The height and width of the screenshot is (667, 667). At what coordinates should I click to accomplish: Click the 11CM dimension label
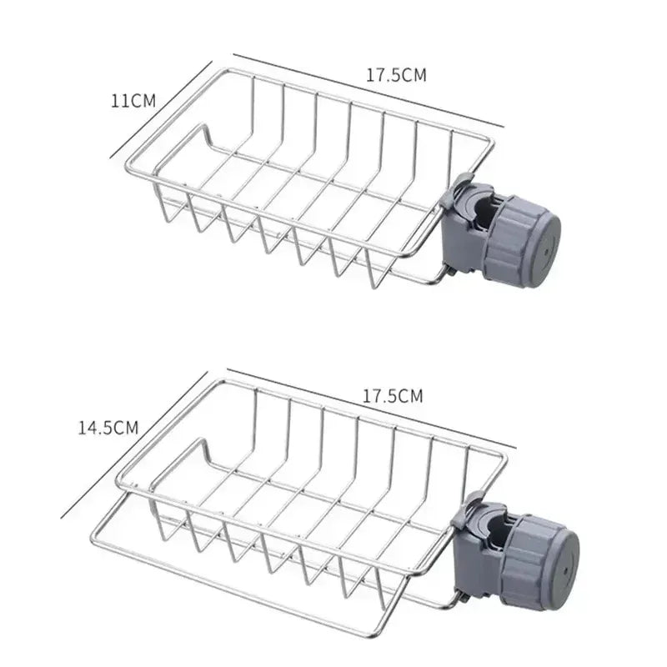tap(133, 101)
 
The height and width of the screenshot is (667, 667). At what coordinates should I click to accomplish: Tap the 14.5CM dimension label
tap(108, 428)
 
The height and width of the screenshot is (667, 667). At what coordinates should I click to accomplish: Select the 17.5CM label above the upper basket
tap(396, 75)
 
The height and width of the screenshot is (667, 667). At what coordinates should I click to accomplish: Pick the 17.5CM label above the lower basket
tap(393, 396)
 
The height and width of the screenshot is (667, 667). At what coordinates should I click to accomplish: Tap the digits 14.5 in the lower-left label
tap(96, 428)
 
